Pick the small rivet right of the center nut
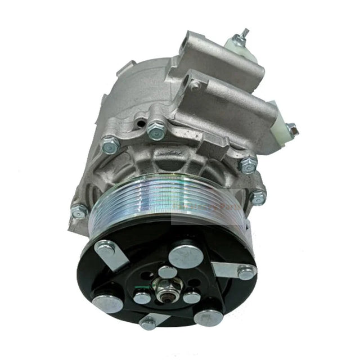coord(192,296)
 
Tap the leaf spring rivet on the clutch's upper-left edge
coord(105,246)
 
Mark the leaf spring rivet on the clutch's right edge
coord(246,273)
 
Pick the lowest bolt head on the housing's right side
coord(257,197)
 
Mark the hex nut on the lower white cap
coord(291,130)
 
